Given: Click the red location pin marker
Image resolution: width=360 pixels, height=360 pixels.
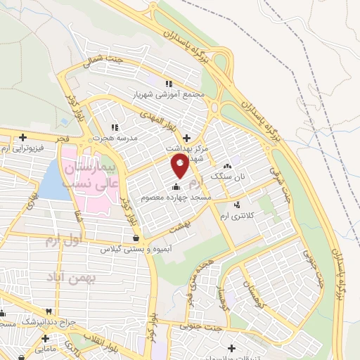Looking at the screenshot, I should (179, 165).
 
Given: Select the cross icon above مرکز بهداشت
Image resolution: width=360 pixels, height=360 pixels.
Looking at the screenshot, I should (186, 137).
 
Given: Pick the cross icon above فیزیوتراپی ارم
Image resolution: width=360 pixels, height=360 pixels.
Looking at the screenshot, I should (23, 137).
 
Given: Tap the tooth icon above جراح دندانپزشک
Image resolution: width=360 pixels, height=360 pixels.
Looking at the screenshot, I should (49, 311).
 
